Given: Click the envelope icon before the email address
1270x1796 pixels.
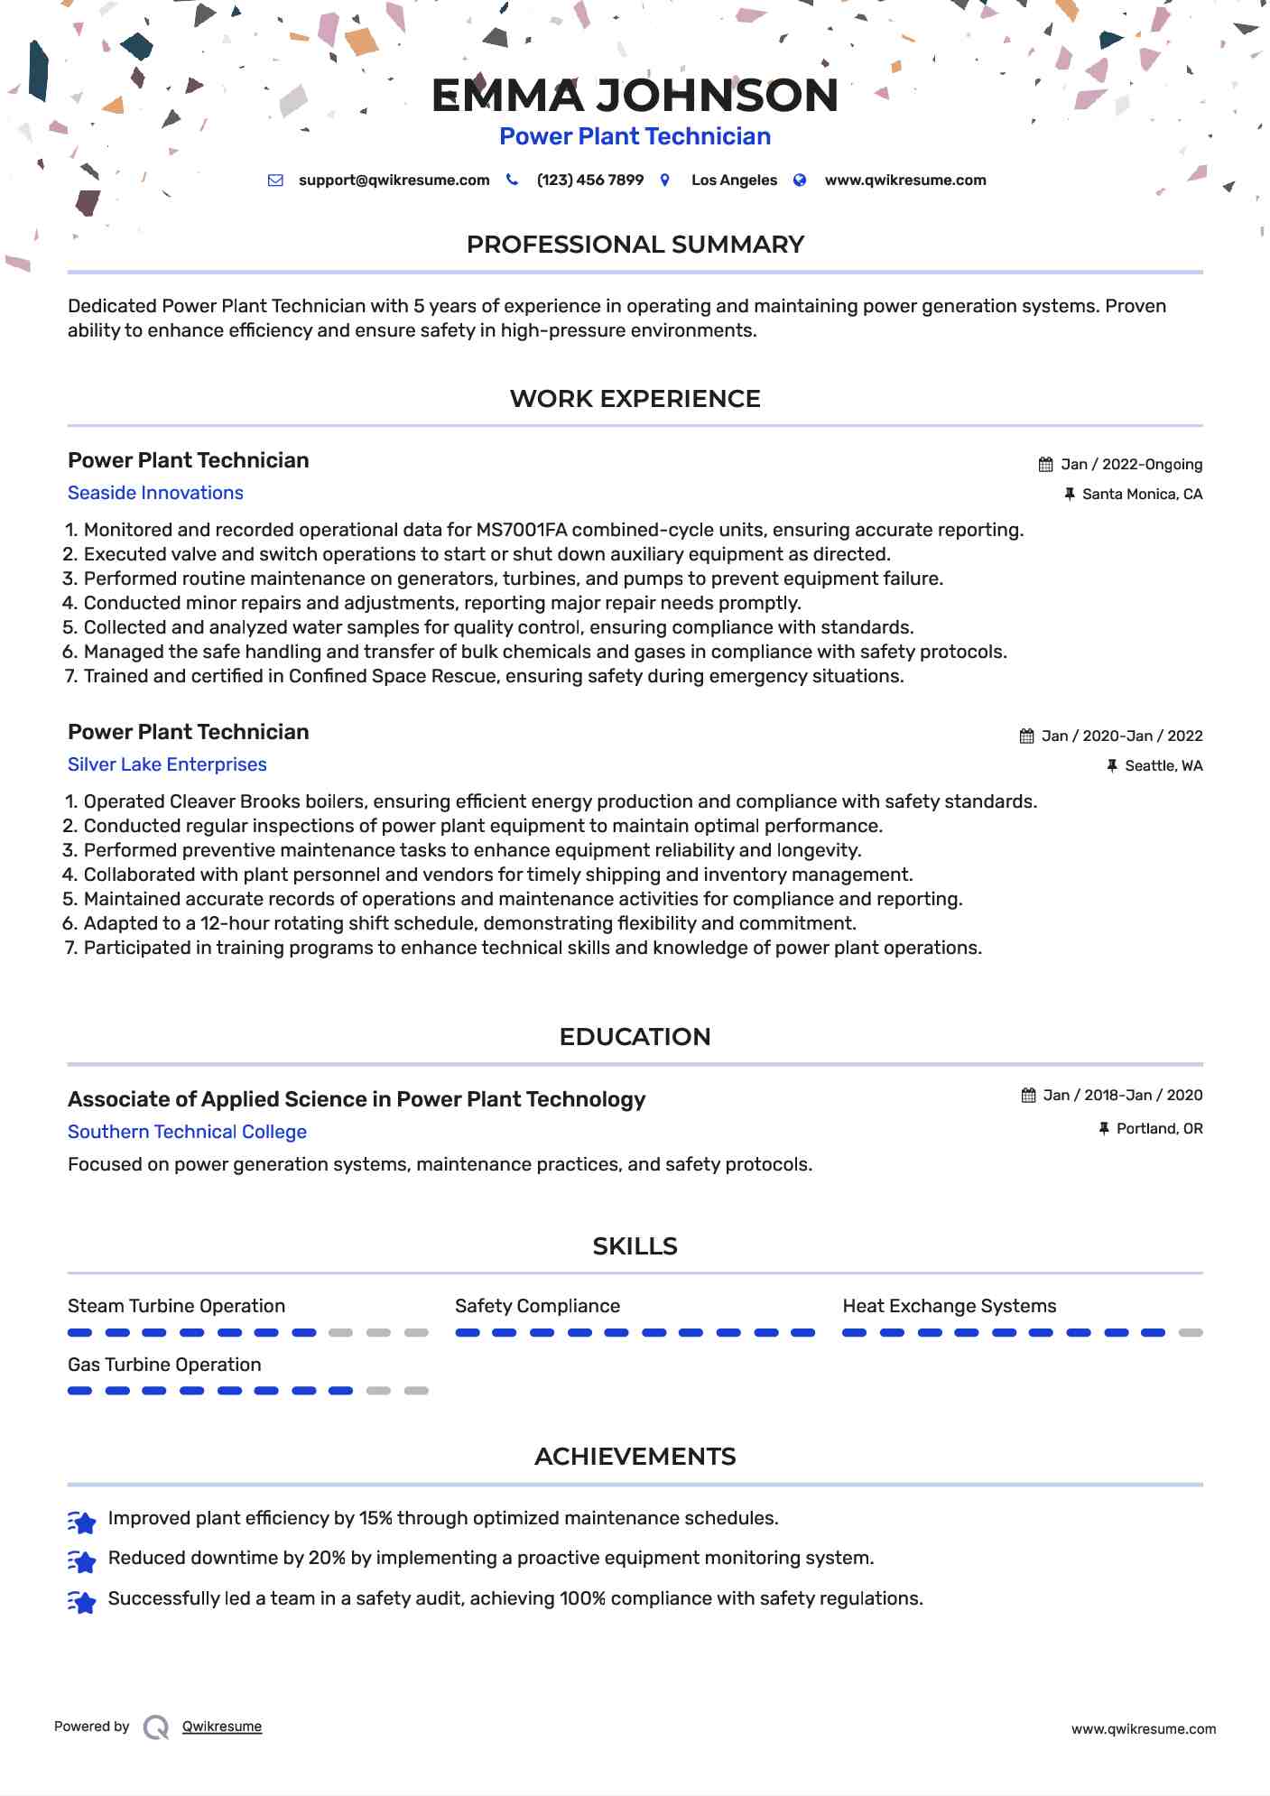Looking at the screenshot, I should pyautogui.click(x=275, y=181).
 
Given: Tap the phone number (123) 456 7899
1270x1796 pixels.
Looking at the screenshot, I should pyautogui.click(x=589, y=181).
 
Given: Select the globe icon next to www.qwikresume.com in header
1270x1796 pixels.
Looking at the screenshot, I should pyautogui.click(x=799, y=181).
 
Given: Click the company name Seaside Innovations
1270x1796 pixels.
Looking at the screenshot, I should pyautogui.click(x=155, y=493).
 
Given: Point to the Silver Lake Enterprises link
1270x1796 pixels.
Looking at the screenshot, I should pyautogui.click(x=167, y=764).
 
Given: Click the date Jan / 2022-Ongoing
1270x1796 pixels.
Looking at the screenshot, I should pyautogui.click(x=1132, y=465).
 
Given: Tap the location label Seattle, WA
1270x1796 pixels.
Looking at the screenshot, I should pyautogui.click(x=1163, y=766).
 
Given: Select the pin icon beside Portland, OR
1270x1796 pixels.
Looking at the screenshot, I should pyautogui.click(x=1103, y=1129).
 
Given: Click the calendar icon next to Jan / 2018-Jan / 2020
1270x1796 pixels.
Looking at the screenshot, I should pyautogui.click(x=1028, y=1096).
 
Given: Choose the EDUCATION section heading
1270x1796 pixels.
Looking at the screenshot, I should pyautogui.click(x=635, y=1037).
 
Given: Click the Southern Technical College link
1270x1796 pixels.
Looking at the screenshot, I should pyautogui.click(x=187, y=1132).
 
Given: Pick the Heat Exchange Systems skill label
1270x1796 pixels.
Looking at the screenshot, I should pyautogui.click(x=949, y=1306).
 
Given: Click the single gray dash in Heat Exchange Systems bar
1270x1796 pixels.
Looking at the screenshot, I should pyautogui.click(x=1191, y=1333).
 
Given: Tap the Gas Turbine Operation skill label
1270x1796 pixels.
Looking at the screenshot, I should pyautogui.click(x=164, y=1365).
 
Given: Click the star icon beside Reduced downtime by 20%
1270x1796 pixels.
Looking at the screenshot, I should pyautogui.click(x=82, y=1561).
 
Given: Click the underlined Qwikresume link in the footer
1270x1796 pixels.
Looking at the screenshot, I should pyautogui.click(x=221, y=1727).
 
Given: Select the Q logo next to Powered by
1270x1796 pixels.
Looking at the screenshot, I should pyautogui.click(x=156, y=1727).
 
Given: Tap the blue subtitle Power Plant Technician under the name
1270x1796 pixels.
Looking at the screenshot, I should pyautogui.click(x=635, y=136).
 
